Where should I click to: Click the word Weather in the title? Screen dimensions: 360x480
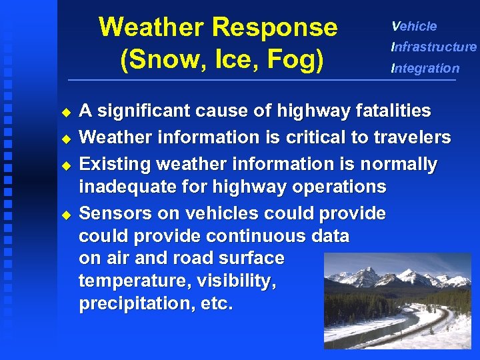[152, 28]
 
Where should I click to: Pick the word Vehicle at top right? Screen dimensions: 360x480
[414, 27]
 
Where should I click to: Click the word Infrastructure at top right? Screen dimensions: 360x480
[434, 47]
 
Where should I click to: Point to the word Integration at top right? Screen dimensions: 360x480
[425, 68]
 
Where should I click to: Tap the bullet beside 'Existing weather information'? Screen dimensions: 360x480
[65, 165]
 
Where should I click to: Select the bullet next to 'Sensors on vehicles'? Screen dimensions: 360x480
[65, 215]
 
